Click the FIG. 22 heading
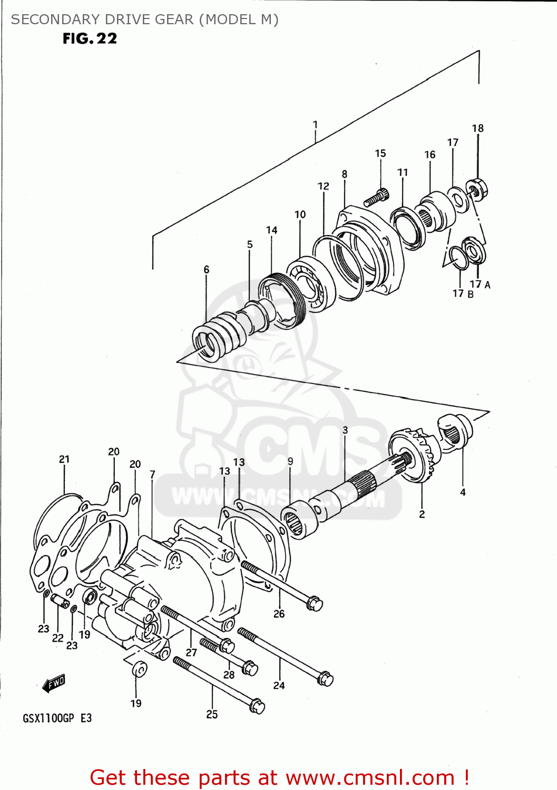tap(90, 38)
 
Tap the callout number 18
tap(477, 129)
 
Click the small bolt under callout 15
tap(376, 198)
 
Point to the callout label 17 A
tap(480, 284)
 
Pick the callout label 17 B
tap(463, 294)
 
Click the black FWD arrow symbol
tap(54, 683)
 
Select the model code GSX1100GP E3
tap(57, 718)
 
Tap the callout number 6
tap(207, 270)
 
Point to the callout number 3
tap(345, 430)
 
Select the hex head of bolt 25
tap(257, 706)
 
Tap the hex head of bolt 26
tap(314, 604)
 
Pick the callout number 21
tap(64, 459)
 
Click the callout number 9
tap(290, 461)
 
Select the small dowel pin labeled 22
tap(60, 601)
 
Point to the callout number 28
tap(229, 675)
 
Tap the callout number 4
tap(463, 492)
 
